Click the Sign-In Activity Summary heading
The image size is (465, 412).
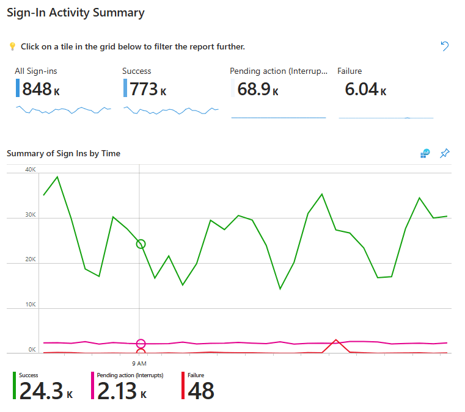click(76, 13)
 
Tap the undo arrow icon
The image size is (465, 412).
click(445, 46)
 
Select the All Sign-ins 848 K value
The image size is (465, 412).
click(40, 90)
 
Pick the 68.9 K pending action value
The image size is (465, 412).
click(257, 90)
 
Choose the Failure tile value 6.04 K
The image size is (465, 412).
click(365, 90)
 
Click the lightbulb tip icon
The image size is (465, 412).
click(12, 46)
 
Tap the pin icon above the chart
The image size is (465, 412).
click(445, 153)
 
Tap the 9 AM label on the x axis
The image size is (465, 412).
click(141, 363)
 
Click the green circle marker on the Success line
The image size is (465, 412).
click(141, 244)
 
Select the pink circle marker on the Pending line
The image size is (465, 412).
click(141, 344)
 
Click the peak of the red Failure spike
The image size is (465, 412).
click(335, 340)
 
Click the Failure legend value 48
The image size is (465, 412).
click(201, 391)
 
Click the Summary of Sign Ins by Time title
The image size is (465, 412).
click(64, 153)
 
